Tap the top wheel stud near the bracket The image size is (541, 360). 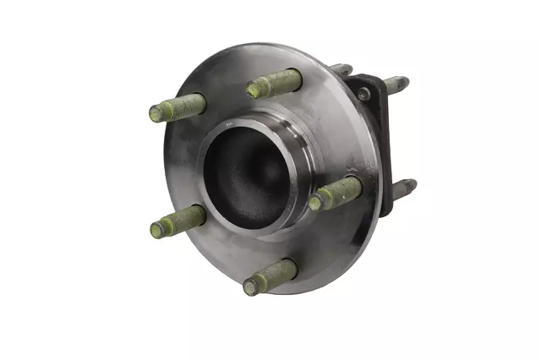point(275,84)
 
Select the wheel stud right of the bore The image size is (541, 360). point(336,193)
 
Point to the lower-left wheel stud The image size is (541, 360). point(179,221)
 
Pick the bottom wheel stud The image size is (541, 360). point(271,277)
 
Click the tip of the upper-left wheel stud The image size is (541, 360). point(156,113)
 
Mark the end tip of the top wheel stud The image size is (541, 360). point(253,89)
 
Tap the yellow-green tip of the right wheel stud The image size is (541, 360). point(315,202)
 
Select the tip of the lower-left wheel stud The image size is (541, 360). point(157,229)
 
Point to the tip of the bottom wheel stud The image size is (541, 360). point(250,287)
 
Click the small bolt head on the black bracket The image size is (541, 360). point(363,95)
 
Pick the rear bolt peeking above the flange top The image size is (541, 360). point(342,69)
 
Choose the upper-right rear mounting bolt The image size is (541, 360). point(395,85)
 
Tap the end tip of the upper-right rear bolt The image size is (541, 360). point(405,81)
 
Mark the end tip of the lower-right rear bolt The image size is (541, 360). point(413,183)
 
